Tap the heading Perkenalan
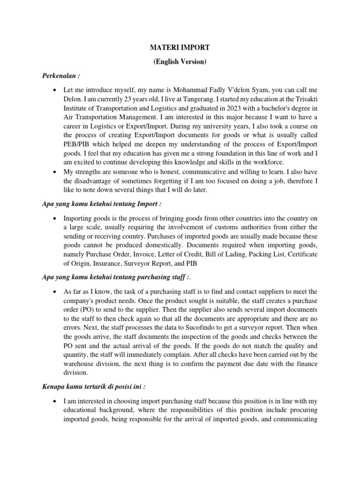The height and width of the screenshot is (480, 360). [x=59, y=75]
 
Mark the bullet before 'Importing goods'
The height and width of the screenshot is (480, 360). [x=55, y=219]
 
